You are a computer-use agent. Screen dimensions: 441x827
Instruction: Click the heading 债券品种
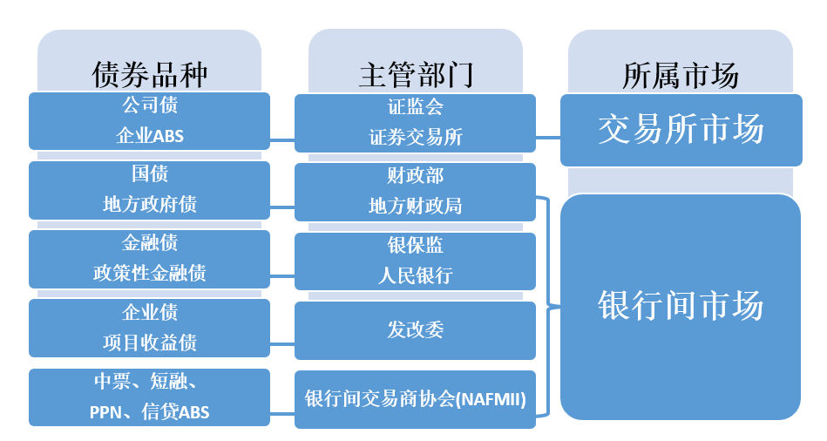(149, 75)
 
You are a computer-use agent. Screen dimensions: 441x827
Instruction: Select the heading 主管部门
(415, 75)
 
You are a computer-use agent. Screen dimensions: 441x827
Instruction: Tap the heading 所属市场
(681, 75)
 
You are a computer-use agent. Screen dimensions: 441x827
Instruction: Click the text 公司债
(149, 105)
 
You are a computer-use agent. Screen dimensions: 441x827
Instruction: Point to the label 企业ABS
(149, 136)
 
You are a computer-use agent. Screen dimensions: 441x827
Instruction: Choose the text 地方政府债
(149, 205)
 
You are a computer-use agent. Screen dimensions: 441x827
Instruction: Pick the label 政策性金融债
(149, 274)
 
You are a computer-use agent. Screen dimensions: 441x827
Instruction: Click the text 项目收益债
(149, 343)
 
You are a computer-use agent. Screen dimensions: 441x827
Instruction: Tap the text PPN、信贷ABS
(149, 411)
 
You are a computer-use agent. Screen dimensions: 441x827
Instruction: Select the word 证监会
(415, 107)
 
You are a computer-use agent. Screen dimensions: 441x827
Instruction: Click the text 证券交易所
(415, 138)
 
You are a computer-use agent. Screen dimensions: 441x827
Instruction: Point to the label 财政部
(415, 176)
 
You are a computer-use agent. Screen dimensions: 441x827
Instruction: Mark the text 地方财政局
(415, 207)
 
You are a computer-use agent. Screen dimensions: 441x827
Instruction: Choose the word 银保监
(415, 246)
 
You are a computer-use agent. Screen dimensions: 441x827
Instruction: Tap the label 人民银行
(415, 276)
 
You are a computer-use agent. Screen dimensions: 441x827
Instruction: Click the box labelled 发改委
(415, 330)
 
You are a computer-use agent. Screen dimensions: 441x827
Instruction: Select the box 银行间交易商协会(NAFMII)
(415, 399)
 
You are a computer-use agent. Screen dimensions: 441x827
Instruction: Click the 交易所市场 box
(681, 130)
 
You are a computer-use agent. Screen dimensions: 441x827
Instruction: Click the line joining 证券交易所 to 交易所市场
(547, 137)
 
